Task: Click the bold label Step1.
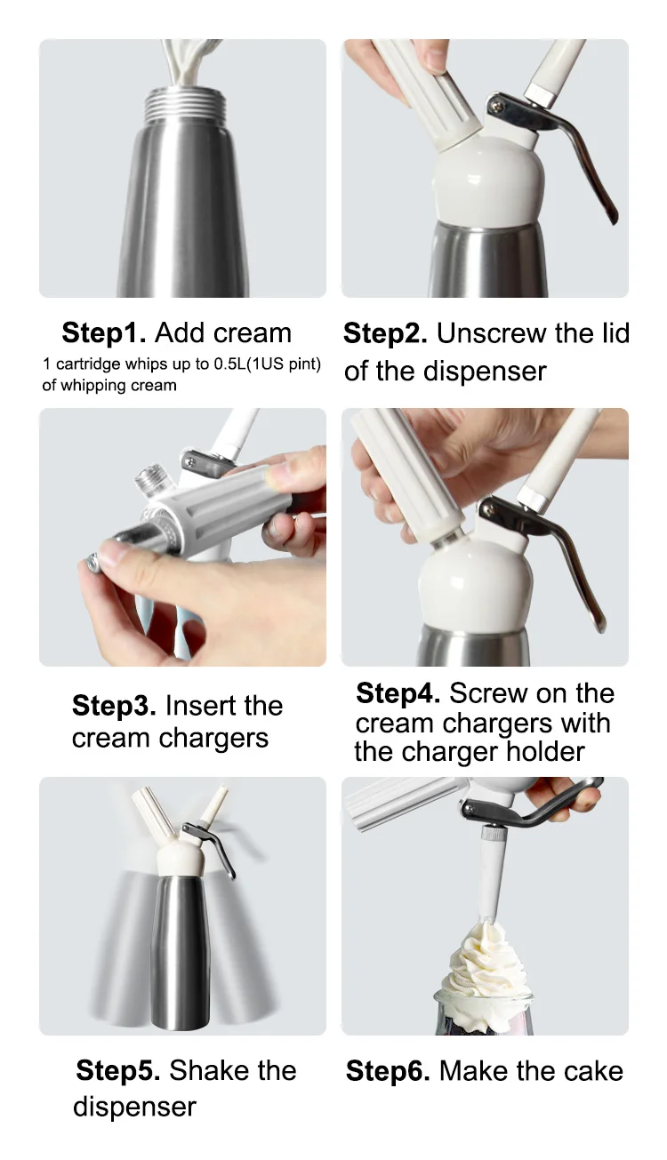coord(104,332)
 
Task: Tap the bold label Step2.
coord(385,333)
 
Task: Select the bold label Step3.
coord(114,705)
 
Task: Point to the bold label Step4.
coord(398,692)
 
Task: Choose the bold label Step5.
coord(117,1070)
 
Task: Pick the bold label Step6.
coord(388,1070)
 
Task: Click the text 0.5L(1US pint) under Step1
coord(268,364)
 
